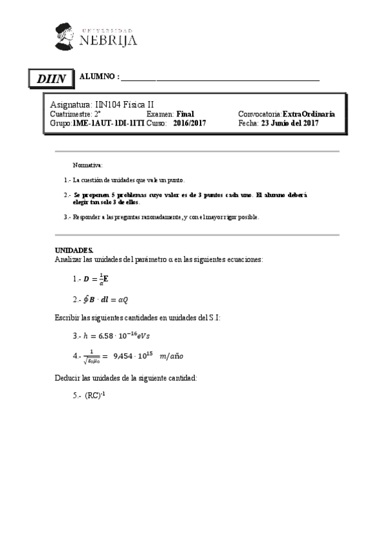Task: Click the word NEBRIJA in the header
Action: [109, 41]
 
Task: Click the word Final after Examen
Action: [185, 113]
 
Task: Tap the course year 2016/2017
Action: [190, 122]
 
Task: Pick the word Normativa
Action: [83, 165]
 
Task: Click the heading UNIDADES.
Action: [74, 249]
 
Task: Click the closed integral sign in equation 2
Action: [86, 299]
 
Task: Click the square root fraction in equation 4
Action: [94, 356]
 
